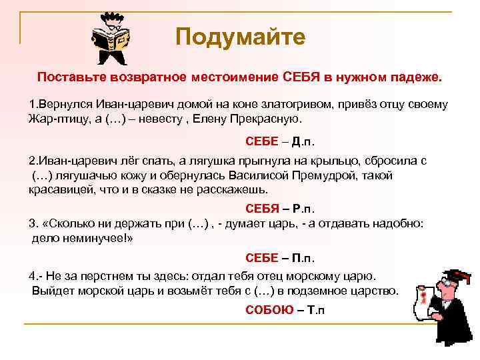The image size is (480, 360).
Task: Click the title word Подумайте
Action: pyautogui.click(x=240, y=37)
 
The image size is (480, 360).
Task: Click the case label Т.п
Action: pyautogui.click(x=315, y=309)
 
